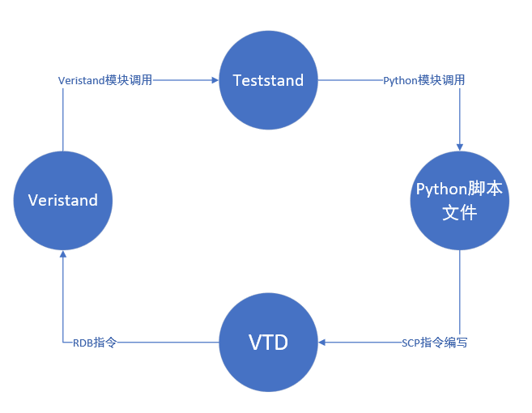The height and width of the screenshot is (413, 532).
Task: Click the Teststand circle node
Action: (x=268, y=80)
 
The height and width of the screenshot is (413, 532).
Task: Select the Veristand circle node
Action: (x=63, y=200)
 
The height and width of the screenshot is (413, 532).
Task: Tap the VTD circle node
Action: (x=268, y=342)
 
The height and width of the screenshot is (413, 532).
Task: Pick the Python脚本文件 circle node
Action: (x=459, y=200)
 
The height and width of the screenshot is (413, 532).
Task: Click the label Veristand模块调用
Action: (x=105, y=80)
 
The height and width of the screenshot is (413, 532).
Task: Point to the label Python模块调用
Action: (x=423, y=80)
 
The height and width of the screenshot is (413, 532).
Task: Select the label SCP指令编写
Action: (x=434, y=343)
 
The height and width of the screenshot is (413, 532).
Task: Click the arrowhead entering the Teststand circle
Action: (x=215, y=80)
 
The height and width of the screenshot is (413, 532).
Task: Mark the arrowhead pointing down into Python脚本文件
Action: (x=460, y=146)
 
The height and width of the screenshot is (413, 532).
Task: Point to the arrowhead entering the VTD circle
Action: (x=322, y=342)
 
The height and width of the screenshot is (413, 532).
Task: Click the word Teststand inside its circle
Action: (x=268, y=80)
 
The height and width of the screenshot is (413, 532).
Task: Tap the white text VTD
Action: (x=268, y=342)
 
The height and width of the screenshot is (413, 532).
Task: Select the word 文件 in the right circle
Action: (x=459, y=213)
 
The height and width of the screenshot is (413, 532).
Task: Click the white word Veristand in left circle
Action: (x=63, y=200)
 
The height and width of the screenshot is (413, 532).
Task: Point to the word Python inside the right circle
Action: (x=442, y=189)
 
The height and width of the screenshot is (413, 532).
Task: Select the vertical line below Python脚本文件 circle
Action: (x=460, y=292)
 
